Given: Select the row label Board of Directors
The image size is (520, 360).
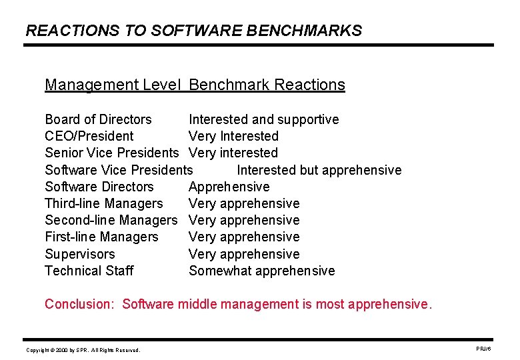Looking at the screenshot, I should point(98,120).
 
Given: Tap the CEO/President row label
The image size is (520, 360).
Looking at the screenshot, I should point(89,137).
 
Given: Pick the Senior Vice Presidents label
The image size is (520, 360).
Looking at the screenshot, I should point(112,153).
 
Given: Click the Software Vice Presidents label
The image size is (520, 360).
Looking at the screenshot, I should point(119,170).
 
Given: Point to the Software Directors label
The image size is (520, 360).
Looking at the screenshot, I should point(99,187).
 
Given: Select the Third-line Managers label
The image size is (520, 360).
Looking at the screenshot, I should point(103,204).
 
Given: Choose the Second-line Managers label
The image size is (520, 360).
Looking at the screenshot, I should point(111,221).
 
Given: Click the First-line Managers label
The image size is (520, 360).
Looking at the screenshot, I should point(101,237).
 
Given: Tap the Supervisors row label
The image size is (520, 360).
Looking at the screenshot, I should point(79,255).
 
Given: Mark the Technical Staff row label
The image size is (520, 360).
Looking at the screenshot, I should point(89,271).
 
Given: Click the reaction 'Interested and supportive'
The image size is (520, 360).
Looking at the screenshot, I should point(263,120).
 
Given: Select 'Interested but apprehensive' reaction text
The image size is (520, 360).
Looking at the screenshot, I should point(319,170).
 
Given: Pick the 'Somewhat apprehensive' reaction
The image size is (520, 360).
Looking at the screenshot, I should point(261,271).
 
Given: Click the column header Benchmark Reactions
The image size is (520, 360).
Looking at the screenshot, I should point(267,85).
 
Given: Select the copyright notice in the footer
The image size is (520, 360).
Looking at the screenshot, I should point(83,350).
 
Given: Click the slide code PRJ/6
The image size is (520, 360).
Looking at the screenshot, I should point(483,349).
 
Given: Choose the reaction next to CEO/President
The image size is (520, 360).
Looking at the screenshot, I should point(233,137).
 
